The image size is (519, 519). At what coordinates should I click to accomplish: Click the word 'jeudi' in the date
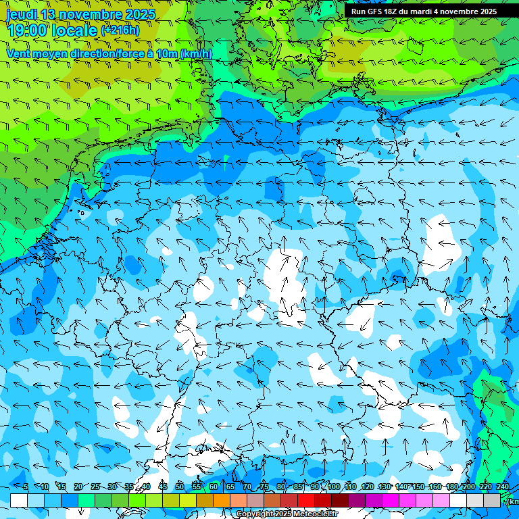click(x=22, y=14)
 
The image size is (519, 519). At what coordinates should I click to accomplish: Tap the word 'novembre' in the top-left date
click(x=91, y=14)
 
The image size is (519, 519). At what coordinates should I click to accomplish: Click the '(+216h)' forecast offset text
click(x=120, y=30)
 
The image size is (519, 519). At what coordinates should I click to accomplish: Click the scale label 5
click(x=25, y=487)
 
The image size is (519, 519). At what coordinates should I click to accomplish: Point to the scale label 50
click(x=179, y=487)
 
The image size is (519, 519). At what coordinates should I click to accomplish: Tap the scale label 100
click(x=333, y=487)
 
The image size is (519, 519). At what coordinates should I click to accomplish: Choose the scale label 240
click(x=503, y=487)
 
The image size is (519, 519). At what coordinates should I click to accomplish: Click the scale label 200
click(x=469, y=487)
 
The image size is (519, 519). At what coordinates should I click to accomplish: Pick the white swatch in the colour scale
click(x=19, y=500)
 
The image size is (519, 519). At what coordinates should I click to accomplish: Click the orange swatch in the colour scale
click(x=222, y=500)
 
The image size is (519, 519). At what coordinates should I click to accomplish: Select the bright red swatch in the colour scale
click(x=306, y=500)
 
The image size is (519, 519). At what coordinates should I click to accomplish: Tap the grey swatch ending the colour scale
click(x=492, y=500)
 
